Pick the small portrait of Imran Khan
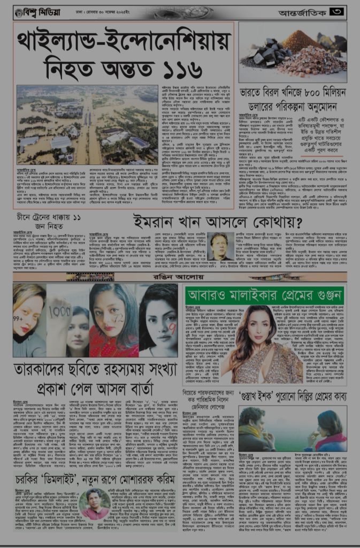(220, 246)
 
